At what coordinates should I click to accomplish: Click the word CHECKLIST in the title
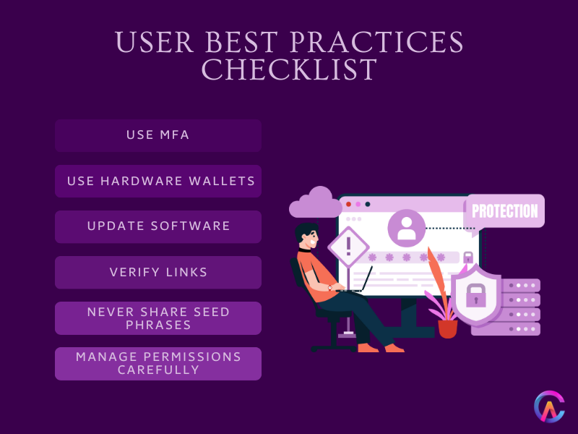click(x=289, y=70)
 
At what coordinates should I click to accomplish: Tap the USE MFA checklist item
click(x=158, y=135)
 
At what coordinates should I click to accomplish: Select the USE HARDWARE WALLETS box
click(x=158, y=181)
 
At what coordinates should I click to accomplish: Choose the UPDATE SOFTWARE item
click(x=158, y=226)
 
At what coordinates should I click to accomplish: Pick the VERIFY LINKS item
click(x=158, y=272)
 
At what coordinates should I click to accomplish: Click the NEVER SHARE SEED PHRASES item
click(x=158, y=318)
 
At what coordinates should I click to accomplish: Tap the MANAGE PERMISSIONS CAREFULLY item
click(x=158, y=364)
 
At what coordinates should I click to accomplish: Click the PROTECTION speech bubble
click(x=504, y=211)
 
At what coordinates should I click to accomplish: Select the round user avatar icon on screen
click(x=406, y=228)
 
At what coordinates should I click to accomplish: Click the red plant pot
click(x=448, y=328)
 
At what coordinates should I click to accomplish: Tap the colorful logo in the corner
click(x=548, y=407)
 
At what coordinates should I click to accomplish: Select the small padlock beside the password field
click(x=468, y=257)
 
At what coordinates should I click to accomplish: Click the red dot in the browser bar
click(x=348, y=204)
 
